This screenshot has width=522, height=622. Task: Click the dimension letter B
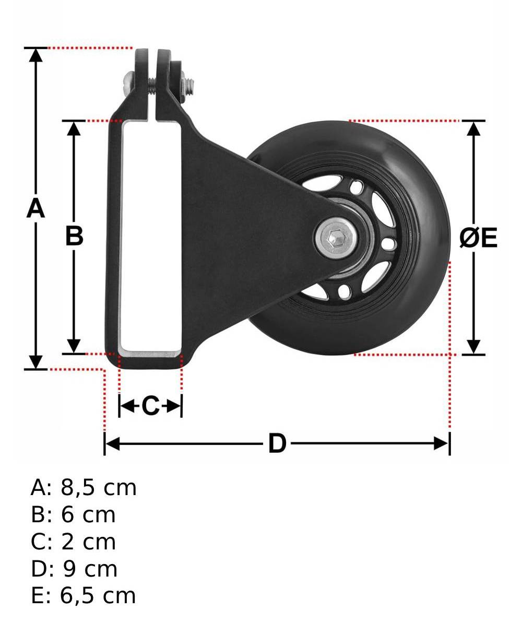pos(74,236)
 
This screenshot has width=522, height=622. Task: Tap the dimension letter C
pos(151,406)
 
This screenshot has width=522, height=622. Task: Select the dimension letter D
pos(277,443)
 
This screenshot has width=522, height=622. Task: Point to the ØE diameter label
pos(478,238)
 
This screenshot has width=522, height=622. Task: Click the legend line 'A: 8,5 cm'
pos(84,488)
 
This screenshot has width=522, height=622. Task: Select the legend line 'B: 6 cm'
pos(73,514)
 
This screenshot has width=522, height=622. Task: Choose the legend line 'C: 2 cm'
pos(73,542)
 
